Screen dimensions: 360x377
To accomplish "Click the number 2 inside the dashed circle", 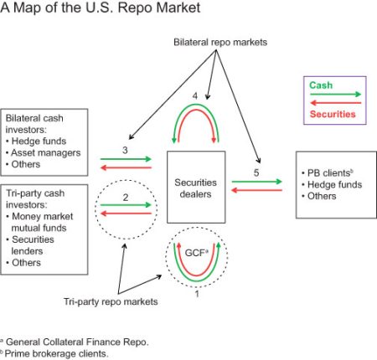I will pos(127,198).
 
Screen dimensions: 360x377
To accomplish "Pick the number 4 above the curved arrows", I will pos(195,95).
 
